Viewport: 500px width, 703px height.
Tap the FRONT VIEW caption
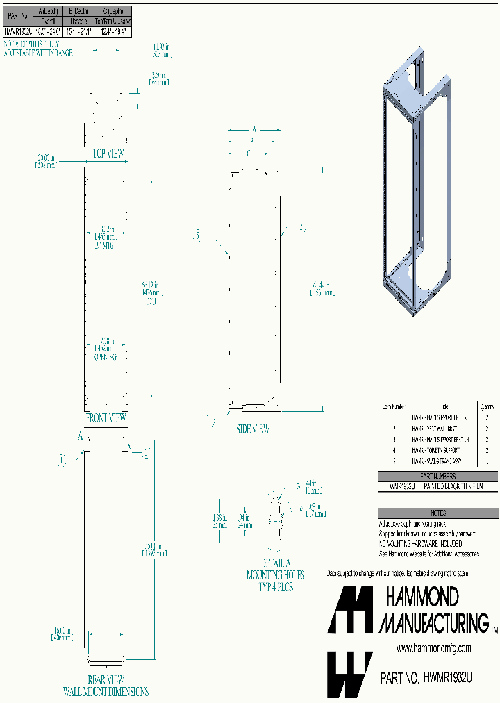tap(106, 418)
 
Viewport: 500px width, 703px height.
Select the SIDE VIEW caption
tap(252, 429)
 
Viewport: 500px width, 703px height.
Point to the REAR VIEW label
tap(106, 679)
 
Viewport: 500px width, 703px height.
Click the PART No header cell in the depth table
tap(17, 13)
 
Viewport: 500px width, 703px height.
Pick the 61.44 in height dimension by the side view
tap(319, 289)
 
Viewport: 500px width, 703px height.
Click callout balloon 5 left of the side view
tap(197, 235)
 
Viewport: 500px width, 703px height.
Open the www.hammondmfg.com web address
tap(433, 648)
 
